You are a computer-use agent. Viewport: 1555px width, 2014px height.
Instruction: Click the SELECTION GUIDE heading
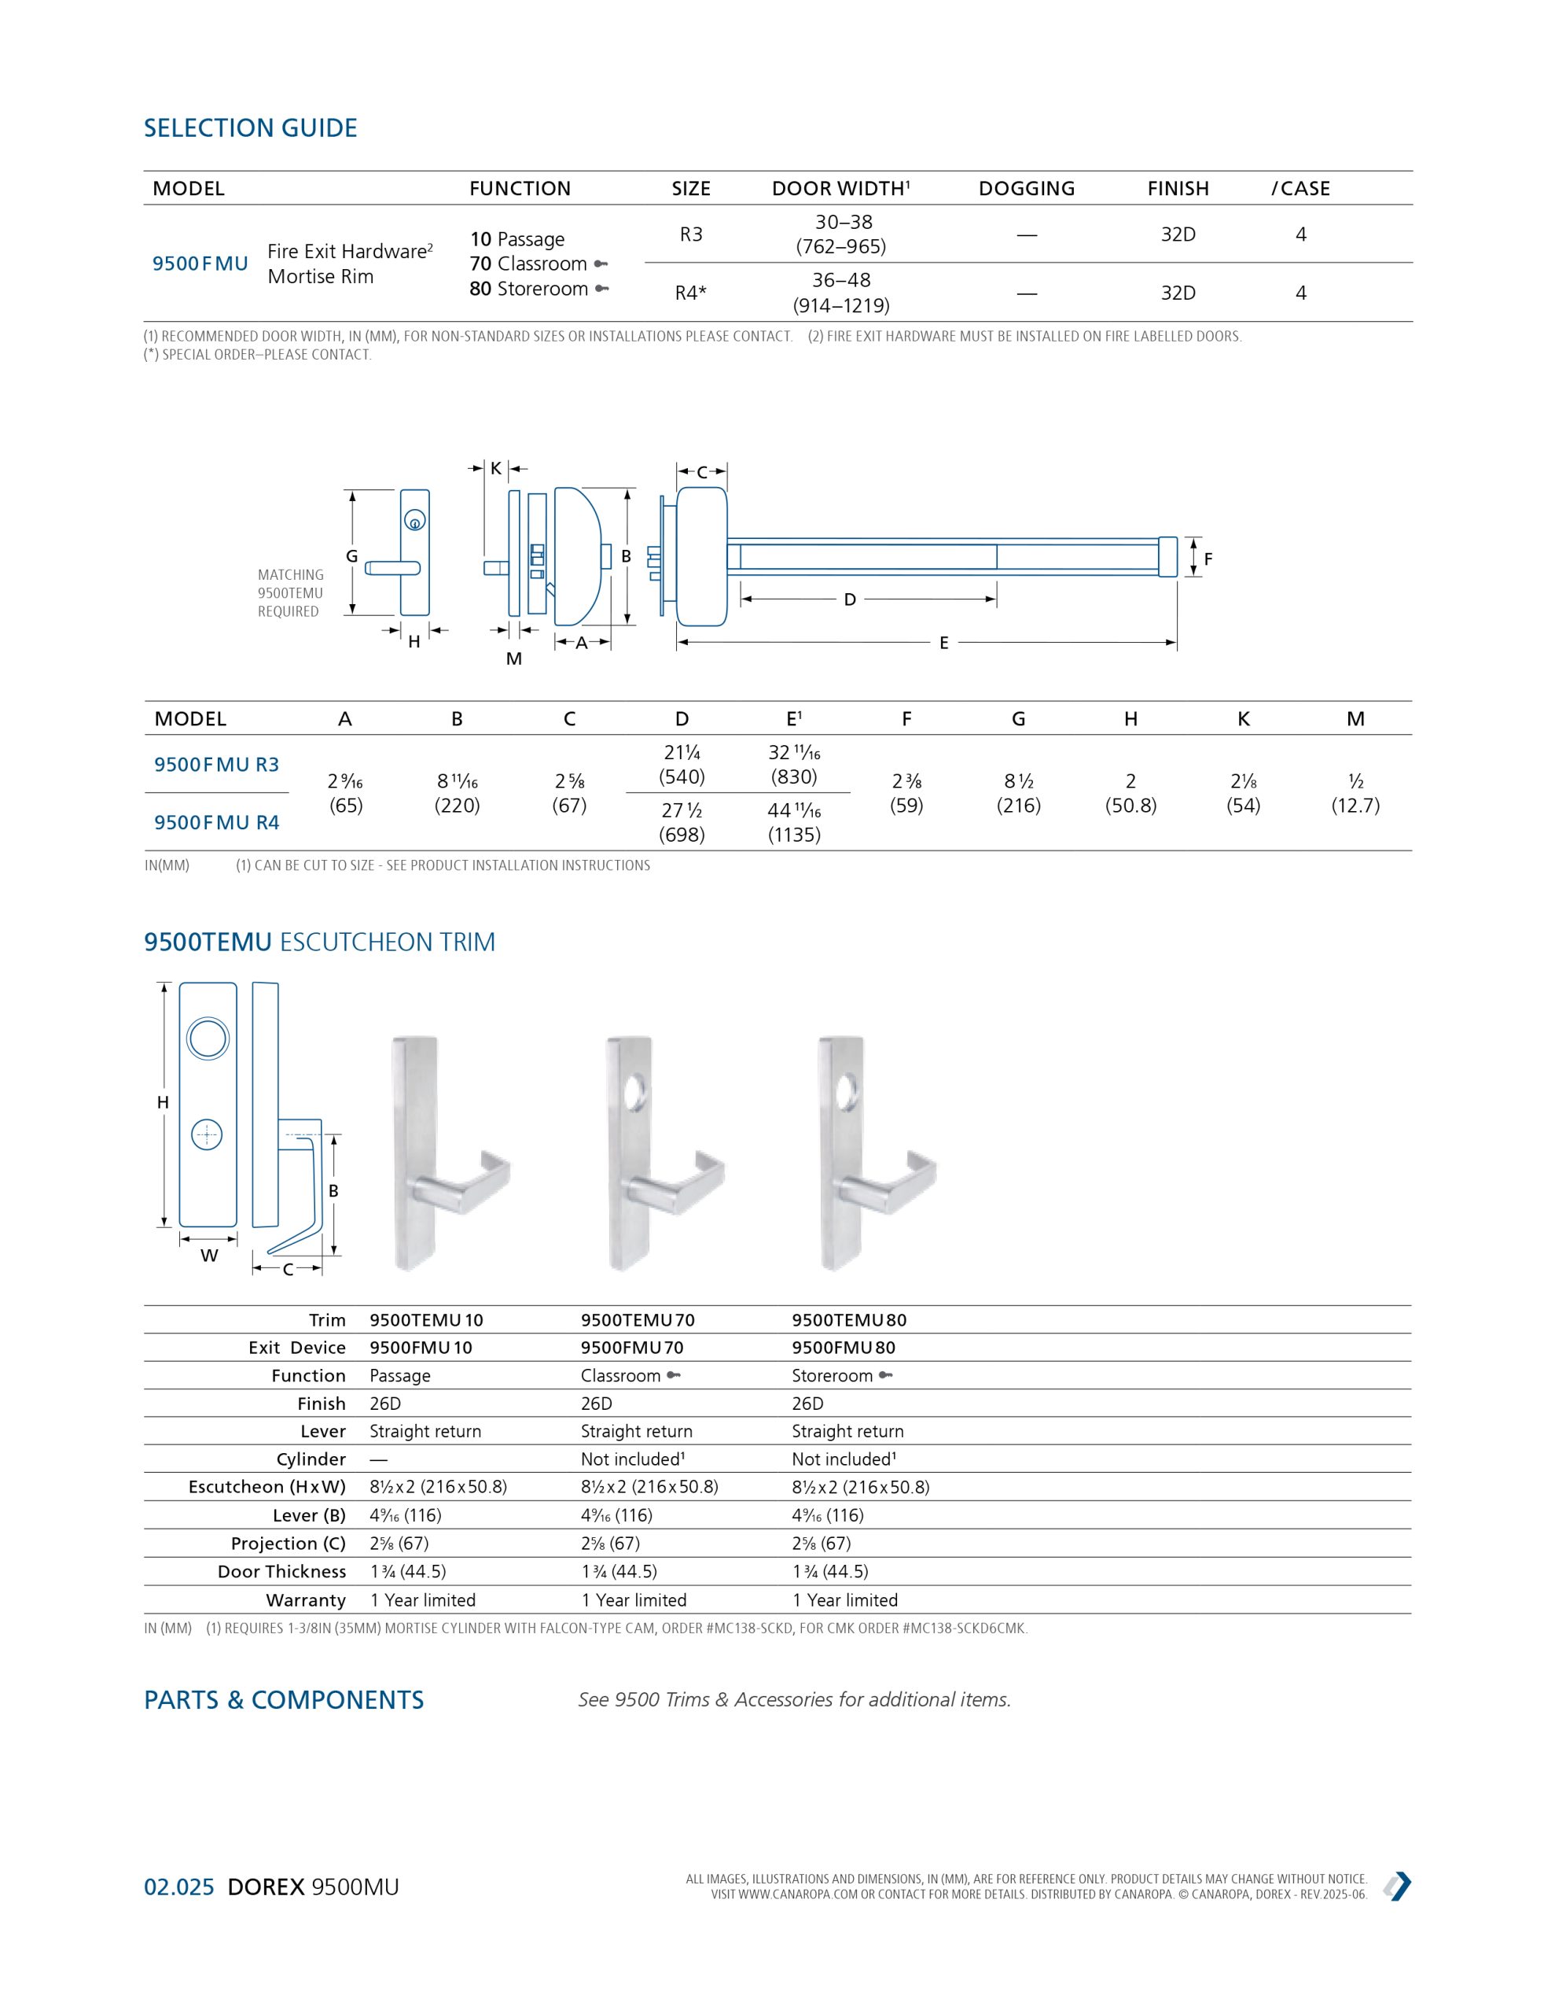250,128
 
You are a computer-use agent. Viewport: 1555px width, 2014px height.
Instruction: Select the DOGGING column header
1026,189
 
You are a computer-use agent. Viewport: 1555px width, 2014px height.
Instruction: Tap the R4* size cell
690,293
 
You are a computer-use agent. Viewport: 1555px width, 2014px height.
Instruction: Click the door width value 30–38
843,222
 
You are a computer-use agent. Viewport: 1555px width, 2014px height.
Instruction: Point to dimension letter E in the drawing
943,644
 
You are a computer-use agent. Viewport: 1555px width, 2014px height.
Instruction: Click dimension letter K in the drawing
495,468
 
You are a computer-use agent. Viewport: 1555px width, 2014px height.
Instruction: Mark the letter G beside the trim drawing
351,556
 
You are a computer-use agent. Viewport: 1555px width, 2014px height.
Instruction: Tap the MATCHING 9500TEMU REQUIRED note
290,593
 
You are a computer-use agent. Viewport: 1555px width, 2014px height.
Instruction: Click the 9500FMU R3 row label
217,765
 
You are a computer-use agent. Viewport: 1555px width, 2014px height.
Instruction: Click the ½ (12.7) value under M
1355,793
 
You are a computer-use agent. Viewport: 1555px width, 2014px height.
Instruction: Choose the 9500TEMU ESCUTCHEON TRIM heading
319,942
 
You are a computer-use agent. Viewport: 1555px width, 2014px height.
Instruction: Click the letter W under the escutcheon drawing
209,1255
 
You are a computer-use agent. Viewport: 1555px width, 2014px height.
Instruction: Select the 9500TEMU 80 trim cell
844,1319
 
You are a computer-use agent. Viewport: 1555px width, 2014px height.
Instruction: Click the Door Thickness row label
281,1571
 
